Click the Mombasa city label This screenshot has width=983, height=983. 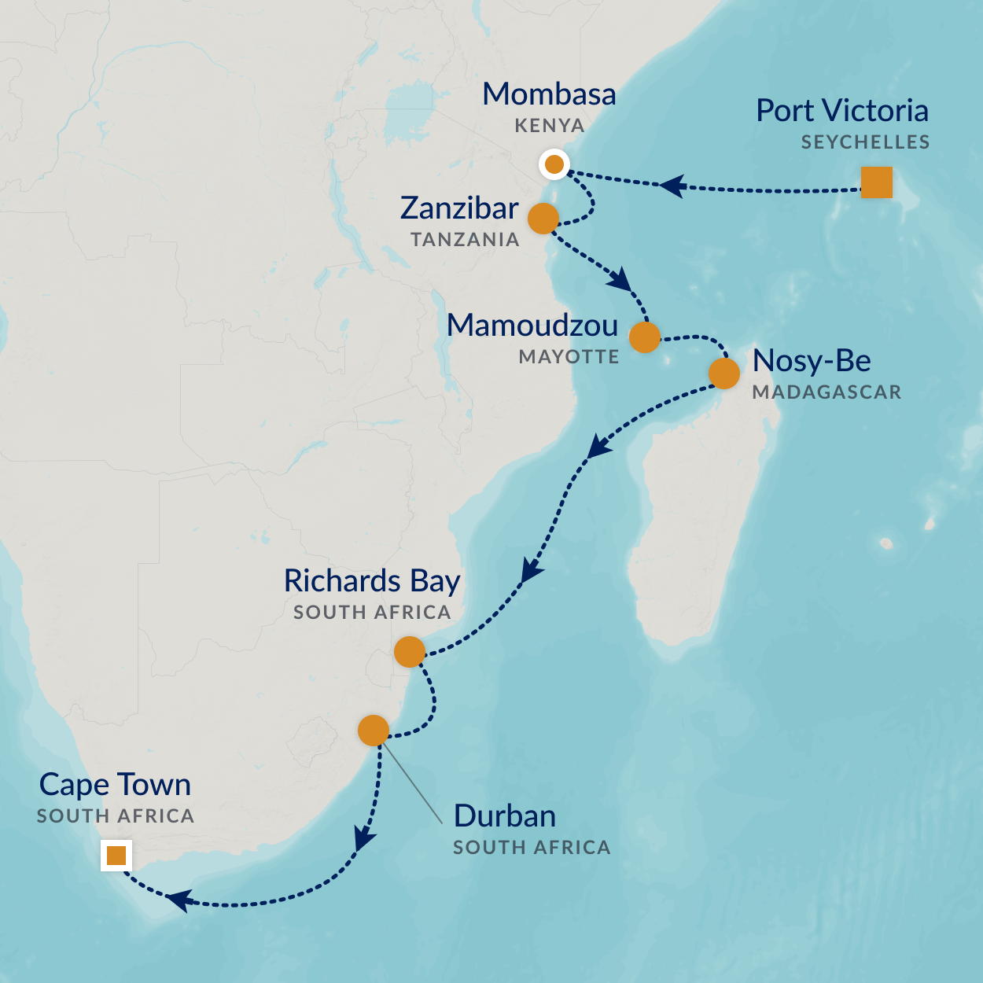coord(549,94)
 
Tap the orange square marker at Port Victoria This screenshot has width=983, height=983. coord(876,182)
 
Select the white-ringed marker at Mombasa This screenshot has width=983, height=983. coord(554,164)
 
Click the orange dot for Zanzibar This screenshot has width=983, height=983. coord(543,219)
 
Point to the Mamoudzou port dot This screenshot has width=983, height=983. coord(645,337)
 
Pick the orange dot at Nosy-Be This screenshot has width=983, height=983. coord(724,374)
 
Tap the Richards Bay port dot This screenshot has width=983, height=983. coord(410,651)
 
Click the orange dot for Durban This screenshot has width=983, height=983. coord(374,731)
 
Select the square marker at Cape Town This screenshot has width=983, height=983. coord(116,855)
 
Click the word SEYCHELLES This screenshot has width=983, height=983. coord(865,142)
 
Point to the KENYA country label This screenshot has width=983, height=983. coord(550,126)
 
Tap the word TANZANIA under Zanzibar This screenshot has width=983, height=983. coord(465,240)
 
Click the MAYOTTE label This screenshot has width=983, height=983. coord(569,357)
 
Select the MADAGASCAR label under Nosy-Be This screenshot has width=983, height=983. coord(827,392)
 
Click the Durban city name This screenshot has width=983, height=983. coord(505,816)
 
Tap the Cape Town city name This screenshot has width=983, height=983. coord(115,785)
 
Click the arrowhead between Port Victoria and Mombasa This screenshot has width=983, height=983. coord(672,186)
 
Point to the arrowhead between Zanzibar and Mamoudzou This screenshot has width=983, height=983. coord(621,280)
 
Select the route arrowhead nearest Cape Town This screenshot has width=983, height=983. coord(179,900)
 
